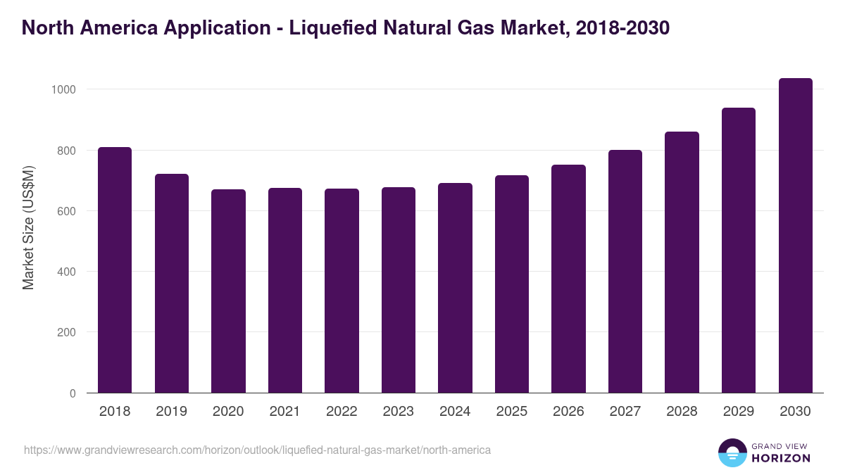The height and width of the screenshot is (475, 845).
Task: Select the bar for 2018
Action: click(x=115, y=270)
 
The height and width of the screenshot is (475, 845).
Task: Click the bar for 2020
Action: click(x=228, y=291)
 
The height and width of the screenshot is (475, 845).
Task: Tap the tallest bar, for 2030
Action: click(x=796, y=236)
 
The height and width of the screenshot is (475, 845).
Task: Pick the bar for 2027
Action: click(x=625, y=272)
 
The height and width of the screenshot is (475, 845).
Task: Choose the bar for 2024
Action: click(x=455, y=288)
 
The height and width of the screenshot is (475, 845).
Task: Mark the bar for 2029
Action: click(x=739, y=251)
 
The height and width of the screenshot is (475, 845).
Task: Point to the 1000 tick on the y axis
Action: click(x=63, y=89)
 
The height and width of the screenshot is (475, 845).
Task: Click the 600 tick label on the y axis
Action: click(x=65, y=211)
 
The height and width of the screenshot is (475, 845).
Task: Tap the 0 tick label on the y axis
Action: click(x=73, y=393)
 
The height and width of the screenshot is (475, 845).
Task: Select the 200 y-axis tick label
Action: click(x=65, y=332)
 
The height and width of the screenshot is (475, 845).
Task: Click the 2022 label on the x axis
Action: click(x=342, y=412)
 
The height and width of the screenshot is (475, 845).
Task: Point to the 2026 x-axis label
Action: click(x=568, y=412)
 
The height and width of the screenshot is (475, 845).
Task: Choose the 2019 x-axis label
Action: click(x=171, y=412)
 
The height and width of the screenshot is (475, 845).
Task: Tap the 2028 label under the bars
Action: click(x=682, y=412)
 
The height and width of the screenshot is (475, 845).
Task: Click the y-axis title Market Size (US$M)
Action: click(x=28, y=227)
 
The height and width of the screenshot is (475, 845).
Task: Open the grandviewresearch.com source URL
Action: click(x=257, y=450)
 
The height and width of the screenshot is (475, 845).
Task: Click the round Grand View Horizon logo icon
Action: click(x=732, y=452)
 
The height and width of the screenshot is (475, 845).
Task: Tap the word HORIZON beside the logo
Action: click(x=781, y=458)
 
